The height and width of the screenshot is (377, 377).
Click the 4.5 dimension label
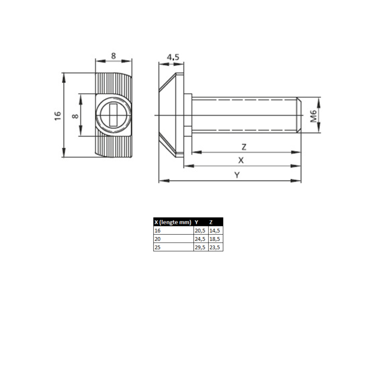coord(173,57)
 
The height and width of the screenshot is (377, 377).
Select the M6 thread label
coord(314,116)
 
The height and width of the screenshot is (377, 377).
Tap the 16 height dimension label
coord(58,116)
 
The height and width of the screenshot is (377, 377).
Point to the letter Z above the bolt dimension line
coord(244,147)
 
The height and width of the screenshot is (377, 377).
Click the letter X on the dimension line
coord(241,160)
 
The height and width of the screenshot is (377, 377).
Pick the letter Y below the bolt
coord(237,175)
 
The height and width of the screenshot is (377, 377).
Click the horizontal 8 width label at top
coord(113,56)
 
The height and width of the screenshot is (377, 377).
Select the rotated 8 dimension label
coord(75,116)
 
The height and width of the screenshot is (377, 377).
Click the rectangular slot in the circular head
coord(113,115)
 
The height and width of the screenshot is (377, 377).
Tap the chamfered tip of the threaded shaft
coord(298,115)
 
